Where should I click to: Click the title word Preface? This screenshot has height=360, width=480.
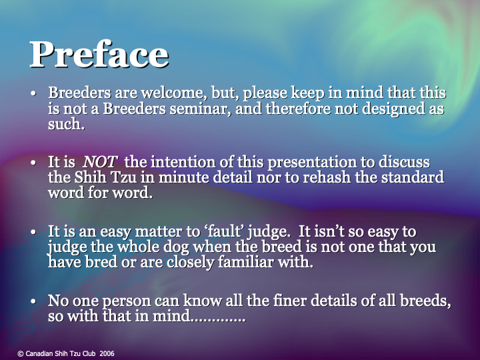tap(99, 55)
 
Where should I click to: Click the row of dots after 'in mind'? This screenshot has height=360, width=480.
tap(218, 318)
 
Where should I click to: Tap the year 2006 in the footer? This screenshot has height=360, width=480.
tap(107, 353)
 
